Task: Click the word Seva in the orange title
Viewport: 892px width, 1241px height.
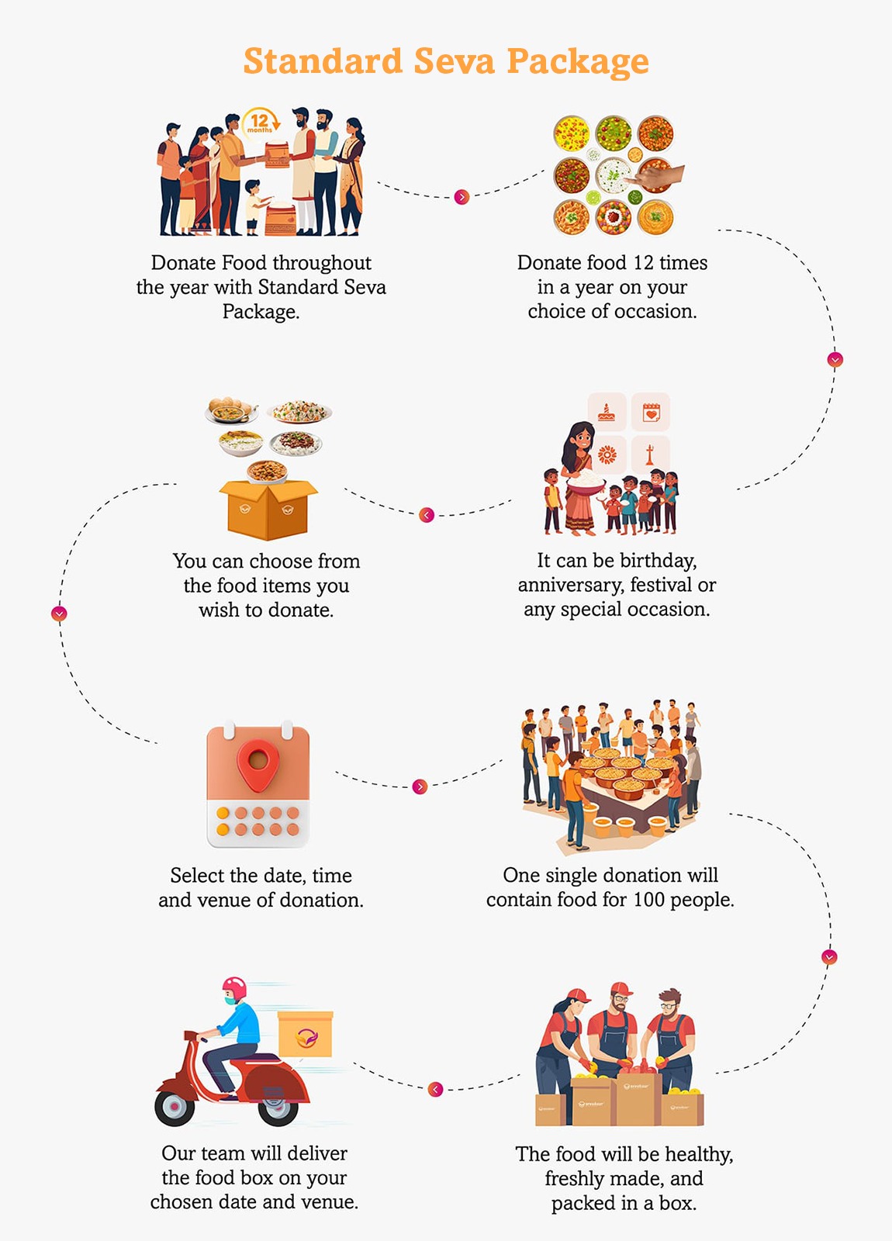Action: tap(454, 61)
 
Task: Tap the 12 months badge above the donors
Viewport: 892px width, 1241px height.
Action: tap(261, 123)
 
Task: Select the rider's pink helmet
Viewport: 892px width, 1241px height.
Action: tap(234, 988)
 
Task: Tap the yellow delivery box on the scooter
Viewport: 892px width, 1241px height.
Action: tap(306, 1034)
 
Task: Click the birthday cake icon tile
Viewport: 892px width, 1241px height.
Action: tap(607, 412)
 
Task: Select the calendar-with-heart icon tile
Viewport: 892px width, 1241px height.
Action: tap(651, 412)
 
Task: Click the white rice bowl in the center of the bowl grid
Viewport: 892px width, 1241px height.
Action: tap(614, 175)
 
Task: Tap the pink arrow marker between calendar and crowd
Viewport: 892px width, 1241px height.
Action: tap(420, 786)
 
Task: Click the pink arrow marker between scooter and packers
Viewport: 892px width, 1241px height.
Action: tap(436, 1089)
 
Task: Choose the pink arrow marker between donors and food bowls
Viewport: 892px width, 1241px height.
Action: tap(462, 197)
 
